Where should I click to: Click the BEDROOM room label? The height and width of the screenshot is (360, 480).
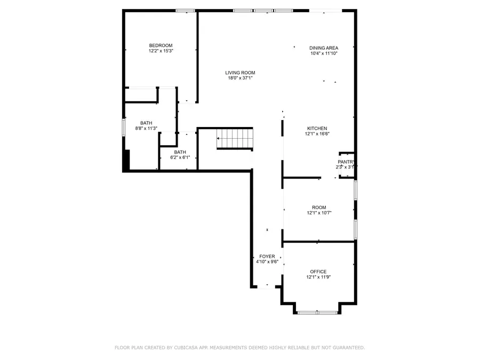tap(161, 45)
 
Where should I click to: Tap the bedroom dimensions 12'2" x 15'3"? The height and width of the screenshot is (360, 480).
tap(161, 51)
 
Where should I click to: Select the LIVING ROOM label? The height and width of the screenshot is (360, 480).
tap(240, 73)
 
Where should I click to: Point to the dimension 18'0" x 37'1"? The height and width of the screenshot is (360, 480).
tap(240, 78)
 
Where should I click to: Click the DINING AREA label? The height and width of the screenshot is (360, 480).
tap(324, 48)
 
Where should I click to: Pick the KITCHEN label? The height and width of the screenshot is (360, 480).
tap(317, 128)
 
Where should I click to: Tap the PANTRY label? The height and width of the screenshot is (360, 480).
tap(346, 162)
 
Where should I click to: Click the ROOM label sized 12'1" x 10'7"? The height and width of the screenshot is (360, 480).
tap(319, 207)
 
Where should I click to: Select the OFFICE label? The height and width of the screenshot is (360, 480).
tap(318, 271)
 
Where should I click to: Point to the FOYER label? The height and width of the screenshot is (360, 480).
tap(267, 257)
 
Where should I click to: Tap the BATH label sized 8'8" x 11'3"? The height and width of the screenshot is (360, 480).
tap(146, 123)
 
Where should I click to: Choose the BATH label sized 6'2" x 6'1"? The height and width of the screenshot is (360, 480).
tap(180, 152)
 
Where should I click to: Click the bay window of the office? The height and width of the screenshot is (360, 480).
tap(317, 313)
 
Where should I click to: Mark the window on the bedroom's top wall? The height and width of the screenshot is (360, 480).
tap(186, 10)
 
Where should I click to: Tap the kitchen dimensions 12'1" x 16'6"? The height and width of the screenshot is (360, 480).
tap(317, 134)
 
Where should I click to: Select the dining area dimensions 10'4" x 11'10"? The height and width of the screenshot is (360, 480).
tap(324, 53)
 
